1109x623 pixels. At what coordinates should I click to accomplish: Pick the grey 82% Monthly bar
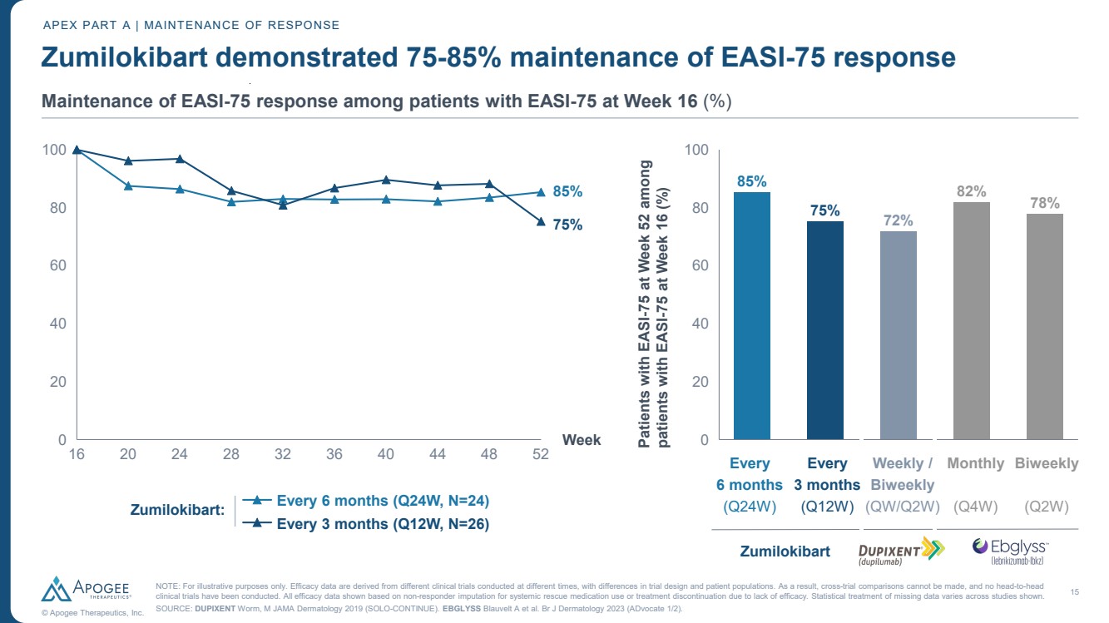[971, 320]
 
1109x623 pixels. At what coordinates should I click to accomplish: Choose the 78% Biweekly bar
[1044, 326]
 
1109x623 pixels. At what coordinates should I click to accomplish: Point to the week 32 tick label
[283, 453]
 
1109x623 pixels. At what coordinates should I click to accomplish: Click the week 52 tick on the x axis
[541, 453]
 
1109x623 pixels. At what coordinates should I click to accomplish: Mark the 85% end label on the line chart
[567, 191]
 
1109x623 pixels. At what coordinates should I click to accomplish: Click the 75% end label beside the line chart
[567, 225]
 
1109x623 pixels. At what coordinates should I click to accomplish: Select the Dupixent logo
[902, 550]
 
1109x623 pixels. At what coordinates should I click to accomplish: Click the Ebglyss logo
[1011, 550]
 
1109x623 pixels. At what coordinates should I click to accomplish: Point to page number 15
[1074, 591]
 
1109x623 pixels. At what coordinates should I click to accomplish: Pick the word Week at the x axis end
[582, 440]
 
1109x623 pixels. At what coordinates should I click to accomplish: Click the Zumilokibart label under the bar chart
[785, 551]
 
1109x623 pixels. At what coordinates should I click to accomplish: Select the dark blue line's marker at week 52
[541, 222]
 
